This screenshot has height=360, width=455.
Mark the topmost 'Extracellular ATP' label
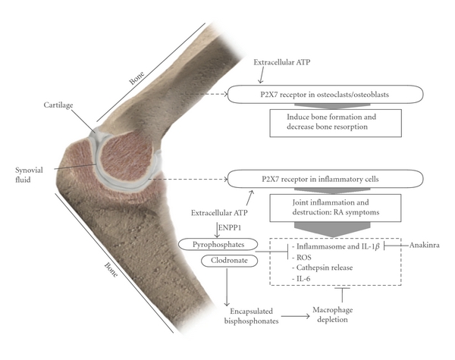coord(287,58)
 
